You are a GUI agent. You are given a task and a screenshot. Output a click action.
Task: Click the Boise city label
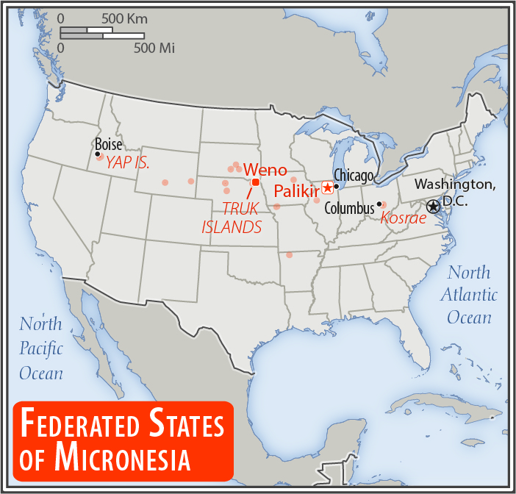coord(108,145)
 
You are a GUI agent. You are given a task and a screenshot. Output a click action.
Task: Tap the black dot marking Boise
coord(98,154)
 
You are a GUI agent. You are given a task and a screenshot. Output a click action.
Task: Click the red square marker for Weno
coord(255,182)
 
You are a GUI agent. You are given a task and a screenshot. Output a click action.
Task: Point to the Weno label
coord(265,170)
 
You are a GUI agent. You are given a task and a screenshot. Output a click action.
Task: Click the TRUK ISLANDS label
coord(232,218)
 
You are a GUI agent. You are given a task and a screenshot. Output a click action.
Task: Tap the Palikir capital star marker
coord(327,188)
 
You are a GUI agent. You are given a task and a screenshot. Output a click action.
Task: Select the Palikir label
coord(296,191)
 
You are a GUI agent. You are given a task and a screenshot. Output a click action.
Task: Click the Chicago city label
coord(354,175)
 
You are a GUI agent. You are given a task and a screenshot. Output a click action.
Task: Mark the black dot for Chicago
coord(336,186)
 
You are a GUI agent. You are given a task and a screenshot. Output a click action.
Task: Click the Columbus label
coord(349,208)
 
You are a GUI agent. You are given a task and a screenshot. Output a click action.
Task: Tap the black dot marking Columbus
coord(379,204)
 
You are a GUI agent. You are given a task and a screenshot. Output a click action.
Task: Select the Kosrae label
coord(404,217)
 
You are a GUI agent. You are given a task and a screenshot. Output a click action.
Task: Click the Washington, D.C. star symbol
coord(433,207)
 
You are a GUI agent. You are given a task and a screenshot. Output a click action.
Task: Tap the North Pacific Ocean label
coord(41,348)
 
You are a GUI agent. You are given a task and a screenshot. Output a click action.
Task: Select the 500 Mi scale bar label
coord(154,48)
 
